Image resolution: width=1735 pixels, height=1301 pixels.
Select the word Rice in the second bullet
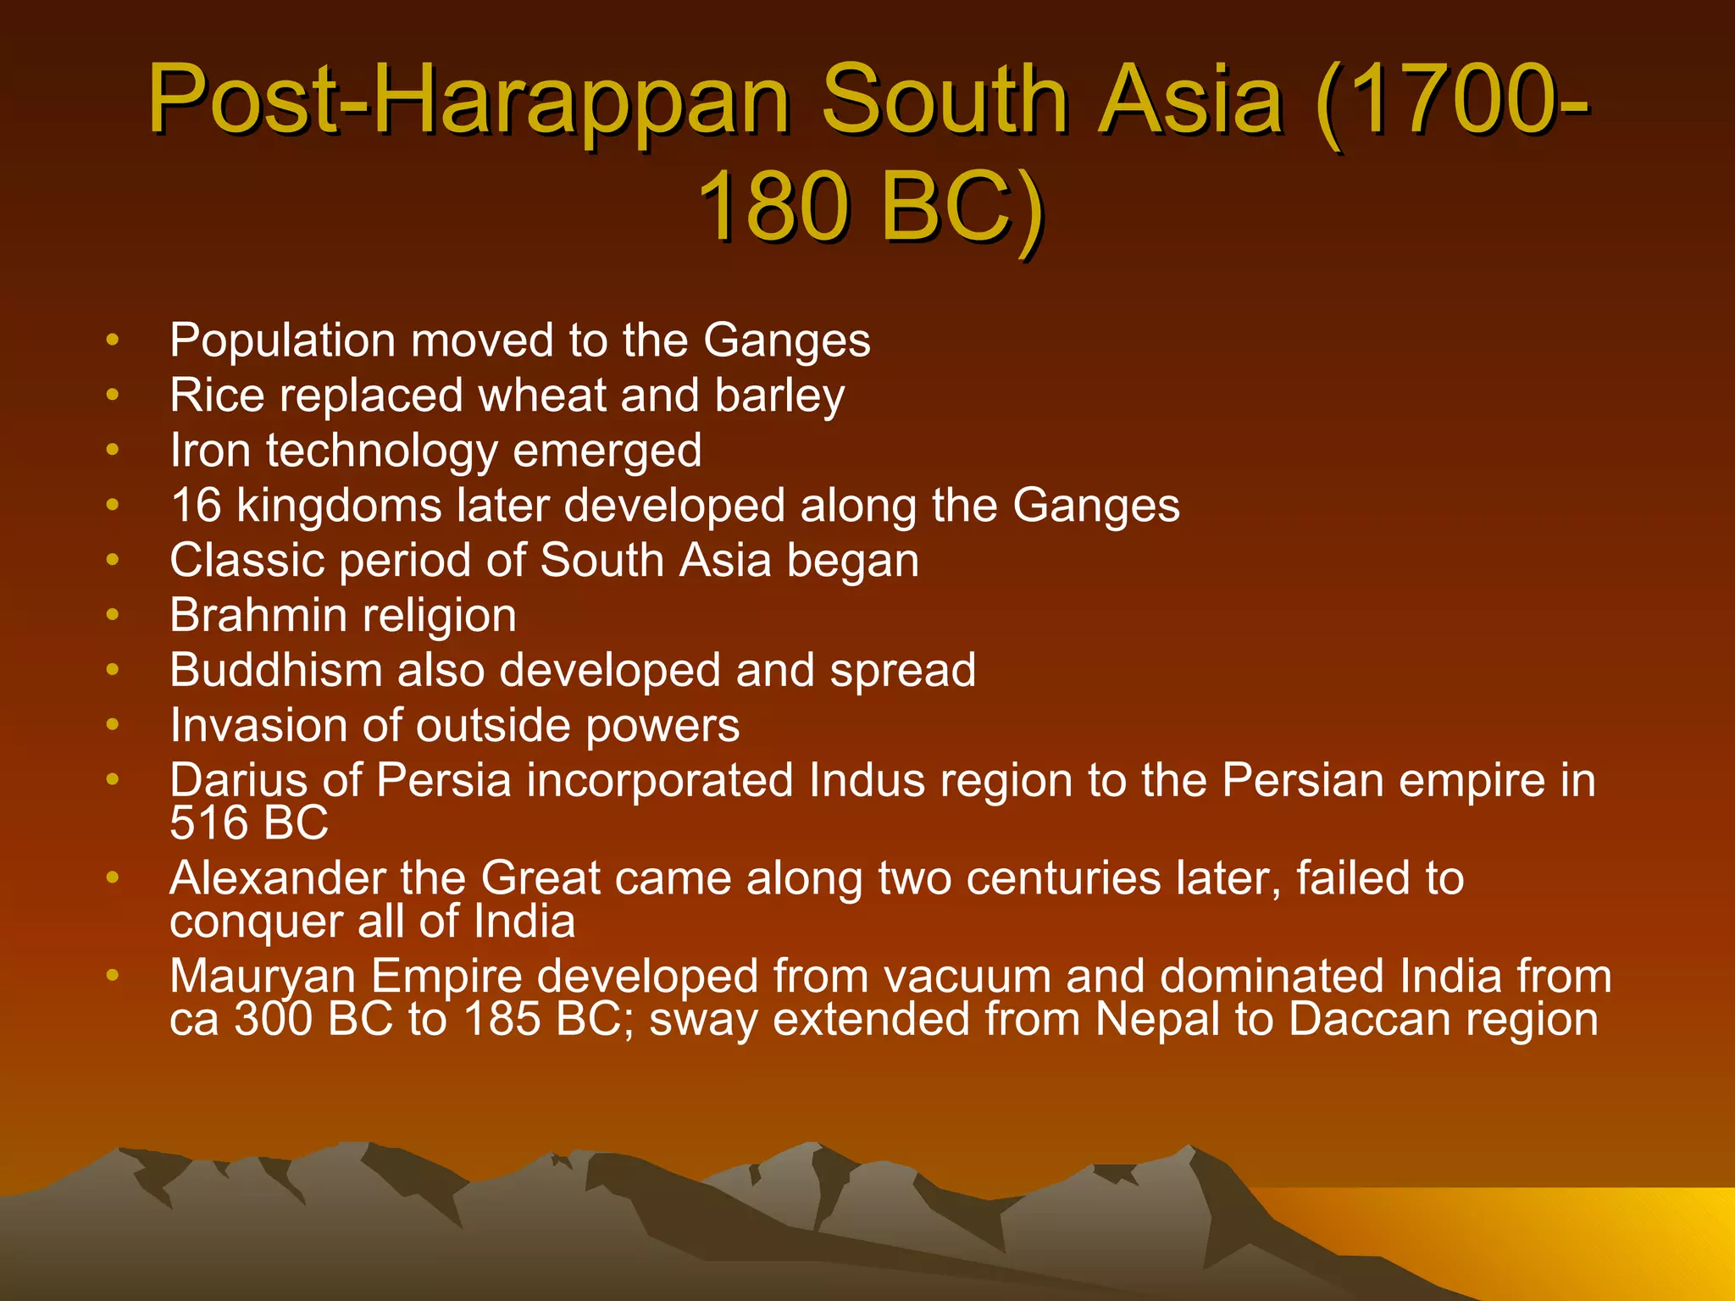pyautogui.click(x=217, y=396)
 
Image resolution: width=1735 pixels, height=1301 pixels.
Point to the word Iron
pyautogui.click(x=210, y=450)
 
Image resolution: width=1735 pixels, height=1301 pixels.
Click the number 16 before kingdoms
pyautogui.click(x=196, y=506)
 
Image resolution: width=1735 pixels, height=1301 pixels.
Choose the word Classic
pyautogui.click(x=247, y=560)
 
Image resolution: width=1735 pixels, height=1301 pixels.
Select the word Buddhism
pyautogui.click(x=276, y=670)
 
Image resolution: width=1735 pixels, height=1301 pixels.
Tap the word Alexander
pyautogui.click(x=277, y=878)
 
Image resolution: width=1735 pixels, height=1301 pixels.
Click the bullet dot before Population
pyautogui.click(x=113, y=340)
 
